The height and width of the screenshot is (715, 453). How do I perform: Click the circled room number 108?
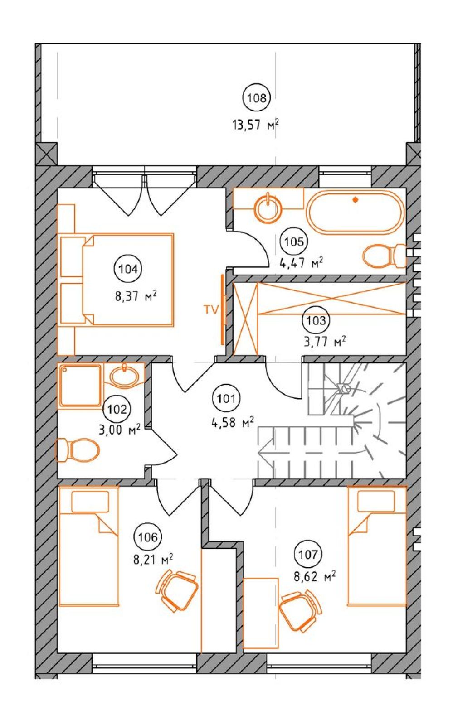(257, 98)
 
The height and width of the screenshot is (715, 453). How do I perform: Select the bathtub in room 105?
(355, 211)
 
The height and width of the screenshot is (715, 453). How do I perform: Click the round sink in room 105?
(268, 208)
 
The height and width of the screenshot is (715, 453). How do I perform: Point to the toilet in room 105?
(385, 256)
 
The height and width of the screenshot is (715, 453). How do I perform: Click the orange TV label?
(211, 310)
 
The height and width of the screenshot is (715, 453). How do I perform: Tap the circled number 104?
(128, 269)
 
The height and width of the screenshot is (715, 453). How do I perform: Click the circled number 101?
(226, 399)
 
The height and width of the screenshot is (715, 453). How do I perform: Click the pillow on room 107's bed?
(376, 501)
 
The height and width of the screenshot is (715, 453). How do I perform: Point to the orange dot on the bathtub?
(354, 199)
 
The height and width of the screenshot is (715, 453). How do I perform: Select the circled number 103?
(316, 320)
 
